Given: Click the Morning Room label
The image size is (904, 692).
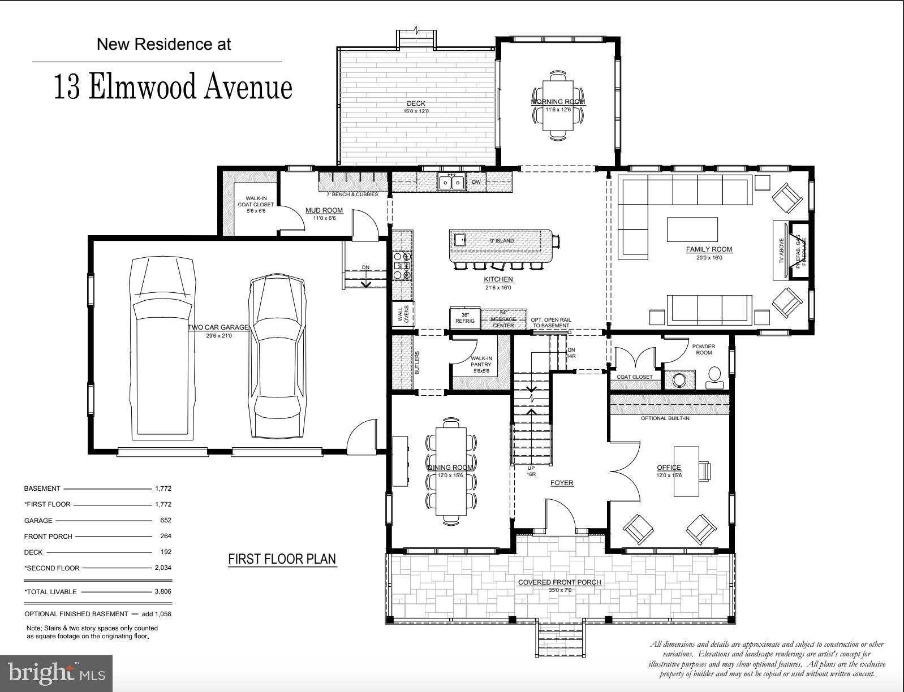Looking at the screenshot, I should tap(558, 102).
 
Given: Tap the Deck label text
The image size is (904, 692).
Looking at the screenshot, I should tap(416, 103).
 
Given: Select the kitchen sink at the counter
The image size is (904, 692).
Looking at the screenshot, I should tap(451, 182).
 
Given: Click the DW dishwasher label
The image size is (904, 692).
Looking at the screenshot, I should tap(476, 182).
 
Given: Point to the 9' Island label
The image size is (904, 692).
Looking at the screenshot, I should tap(502, 241).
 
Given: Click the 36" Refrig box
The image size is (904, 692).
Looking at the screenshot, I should tap(465, 318).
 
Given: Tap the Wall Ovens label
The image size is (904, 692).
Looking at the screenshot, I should tap(404, 314).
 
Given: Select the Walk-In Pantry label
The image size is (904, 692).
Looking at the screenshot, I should tap(481, 361).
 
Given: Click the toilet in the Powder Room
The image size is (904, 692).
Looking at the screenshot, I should tap(714, 377).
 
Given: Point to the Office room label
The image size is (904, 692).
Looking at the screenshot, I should tap(669, 468).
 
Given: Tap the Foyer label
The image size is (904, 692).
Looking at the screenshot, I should tap(562, 483).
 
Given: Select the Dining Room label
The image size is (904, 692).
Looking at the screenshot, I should tap(450, 468).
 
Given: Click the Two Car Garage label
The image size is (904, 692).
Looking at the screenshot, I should tap(218, 327).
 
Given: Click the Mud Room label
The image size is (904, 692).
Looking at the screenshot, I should tap(324, 210).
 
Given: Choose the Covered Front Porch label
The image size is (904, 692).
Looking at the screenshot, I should tap(559, 582).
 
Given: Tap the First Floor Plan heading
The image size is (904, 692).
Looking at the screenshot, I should tap(282, 559).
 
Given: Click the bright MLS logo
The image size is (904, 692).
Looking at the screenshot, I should tap(57, 673).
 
